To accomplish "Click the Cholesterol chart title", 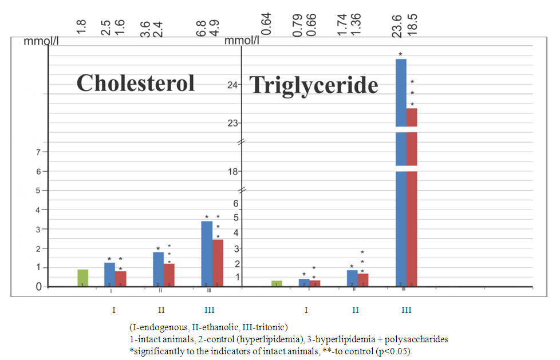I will [135, 83].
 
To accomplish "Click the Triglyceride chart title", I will [314, 85].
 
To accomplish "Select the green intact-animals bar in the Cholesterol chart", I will [83, 278].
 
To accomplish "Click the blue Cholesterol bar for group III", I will [207, 254].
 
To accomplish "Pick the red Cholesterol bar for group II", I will [169, 275].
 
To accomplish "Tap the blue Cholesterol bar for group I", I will [109, 274].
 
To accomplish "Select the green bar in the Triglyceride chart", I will [277, 283].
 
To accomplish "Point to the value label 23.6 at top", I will [396, 26].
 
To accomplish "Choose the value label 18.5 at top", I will [412, 26].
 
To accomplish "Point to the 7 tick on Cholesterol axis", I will [38, 152].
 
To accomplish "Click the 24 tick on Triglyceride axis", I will [232, 85].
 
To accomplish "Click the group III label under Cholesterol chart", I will [210, 310].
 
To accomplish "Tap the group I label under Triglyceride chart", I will [306, 310].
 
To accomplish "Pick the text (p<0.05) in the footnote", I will [392, 350].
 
